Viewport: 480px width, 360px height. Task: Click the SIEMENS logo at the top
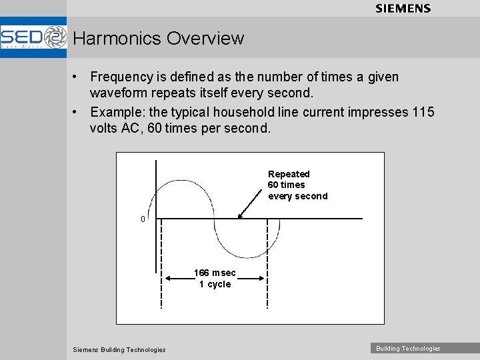tap(403, 8)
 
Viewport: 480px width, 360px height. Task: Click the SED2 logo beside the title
tap(33, 37)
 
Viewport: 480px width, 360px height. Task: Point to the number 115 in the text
tap(423, 112)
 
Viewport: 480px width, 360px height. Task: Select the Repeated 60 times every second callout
tap(297, 185)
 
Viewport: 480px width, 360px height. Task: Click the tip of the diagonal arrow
tap(239, 217)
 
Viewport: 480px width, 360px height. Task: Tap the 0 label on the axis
tap(143, 219)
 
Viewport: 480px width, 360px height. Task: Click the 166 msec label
tap(215, 273)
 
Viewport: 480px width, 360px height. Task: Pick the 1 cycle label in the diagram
tap(215, 284)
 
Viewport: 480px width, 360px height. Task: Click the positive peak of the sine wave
tap(185, 180)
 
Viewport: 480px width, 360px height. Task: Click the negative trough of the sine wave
tap(241, 257)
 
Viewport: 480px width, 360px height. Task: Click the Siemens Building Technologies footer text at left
tap(119, 349)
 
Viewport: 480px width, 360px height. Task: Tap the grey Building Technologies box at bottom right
tap(408, 348)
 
